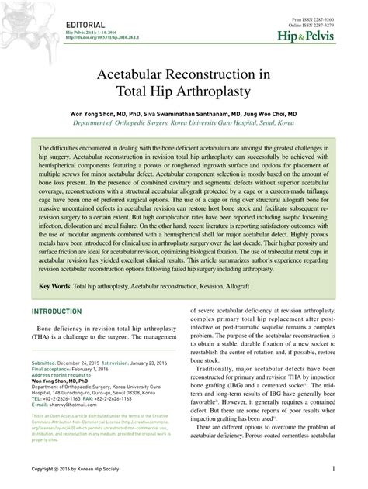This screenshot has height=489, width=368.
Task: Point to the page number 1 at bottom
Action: point(334,469)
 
